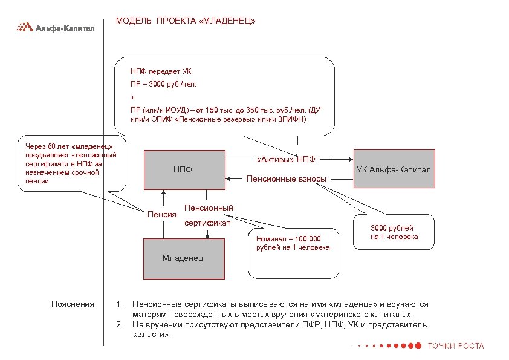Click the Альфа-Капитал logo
pyautogui.click(x=54, y=27)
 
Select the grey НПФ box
pyautogui.click(x=183, y=169)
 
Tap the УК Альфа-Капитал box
pyautogui.click(x=394, y=169)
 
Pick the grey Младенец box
pyautogui.click(x=183, y=258)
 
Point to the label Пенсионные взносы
pyautogui.click(x=287, y=178)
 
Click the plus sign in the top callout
pyautogui.click(x=132, y=97)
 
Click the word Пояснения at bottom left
pyautogui.click(x=73, y=304)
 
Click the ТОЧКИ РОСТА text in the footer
pyautogui.click(x=455, y=345)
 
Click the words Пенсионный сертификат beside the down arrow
pyautogui.click(x=208, y=215)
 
